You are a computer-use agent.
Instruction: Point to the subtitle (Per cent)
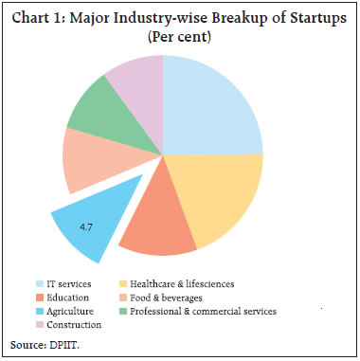point(179,39)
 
